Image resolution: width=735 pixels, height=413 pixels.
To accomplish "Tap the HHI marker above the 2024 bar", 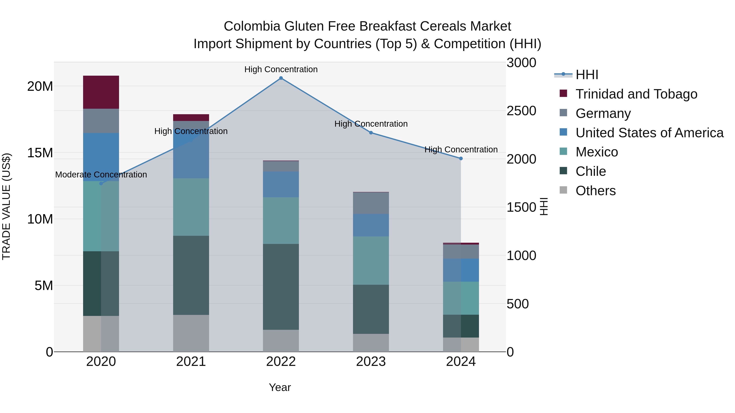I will (x=461, y=158).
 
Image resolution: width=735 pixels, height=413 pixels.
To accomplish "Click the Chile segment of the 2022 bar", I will (x=281, y=287).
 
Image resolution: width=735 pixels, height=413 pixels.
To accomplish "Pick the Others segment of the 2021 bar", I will (x=191, y=333).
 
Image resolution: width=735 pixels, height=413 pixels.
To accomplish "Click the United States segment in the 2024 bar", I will (x=461, y=270).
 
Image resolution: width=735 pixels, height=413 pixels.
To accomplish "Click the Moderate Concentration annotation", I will (x=101, y=175).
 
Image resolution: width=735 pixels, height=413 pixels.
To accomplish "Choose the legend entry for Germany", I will (x=603, y=113).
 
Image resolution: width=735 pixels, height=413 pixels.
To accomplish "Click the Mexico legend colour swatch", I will (x=563, y=151).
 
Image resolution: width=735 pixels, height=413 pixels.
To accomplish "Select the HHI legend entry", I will (x=587, y=75).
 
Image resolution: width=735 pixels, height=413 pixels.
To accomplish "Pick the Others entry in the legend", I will (x=596, y=191).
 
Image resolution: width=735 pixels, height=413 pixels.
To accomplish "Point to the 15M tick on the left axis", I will (x=40, y=153).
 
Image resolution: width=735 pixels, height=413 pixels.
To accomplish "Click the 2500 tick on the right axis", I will (x=521, y=111).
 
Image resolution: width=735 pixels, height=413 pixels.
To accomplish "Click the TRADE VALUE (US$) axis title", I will (x=6, y=207).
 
